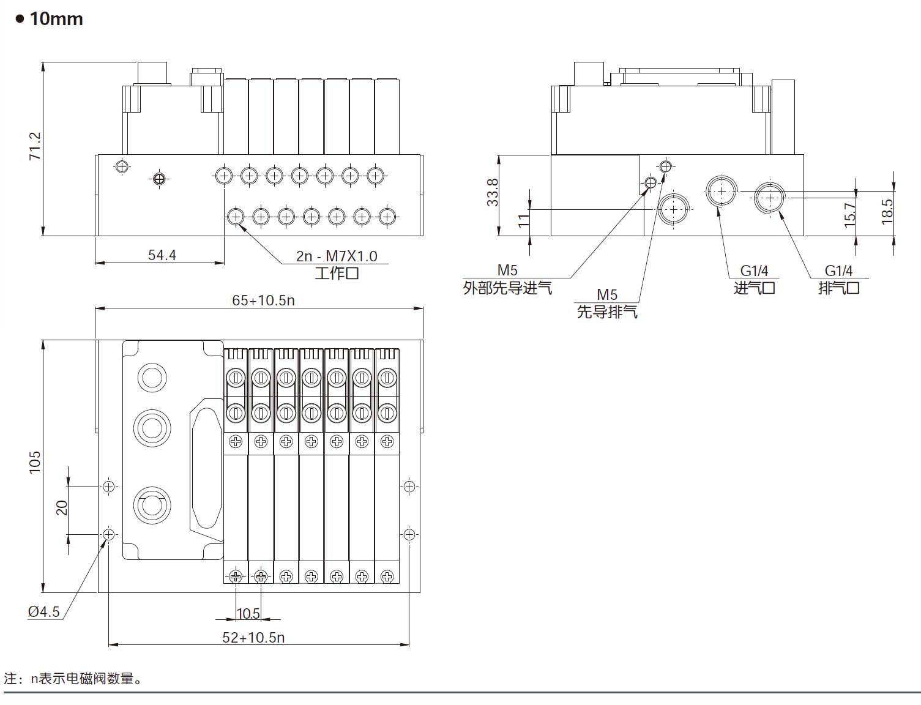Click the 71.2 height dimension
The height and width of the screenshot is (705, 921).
click(x=35, y=146)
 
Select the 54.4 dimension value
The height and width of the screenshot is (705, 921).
click(x=162, y=255)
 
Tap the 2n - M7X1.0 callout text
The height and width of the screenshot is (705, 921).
click(x=337, y=256)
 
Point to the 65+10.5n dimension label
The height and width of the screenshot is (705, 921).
click(x=264, y=300)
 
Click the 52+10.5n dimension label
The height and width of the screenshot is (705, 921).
click(x=253, y=638)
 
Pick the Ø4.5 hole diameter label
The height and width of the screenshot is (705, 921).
click(x=43, y=611)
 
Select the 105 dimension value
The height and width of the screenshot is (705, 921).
click(x=35, y=463)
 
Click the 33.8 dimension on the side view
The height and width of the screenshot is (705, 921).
click(x=493, y=192)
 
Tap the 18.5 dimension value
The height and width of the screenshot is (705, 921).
click(x=887, y=212)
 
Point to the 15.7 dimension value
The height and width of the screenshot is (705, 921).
click(x=849, y=215)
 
